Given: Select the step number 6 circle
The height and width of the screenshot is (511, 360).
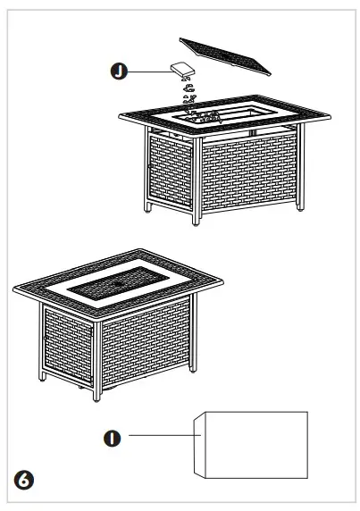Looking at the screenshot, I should coord(27,481).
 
